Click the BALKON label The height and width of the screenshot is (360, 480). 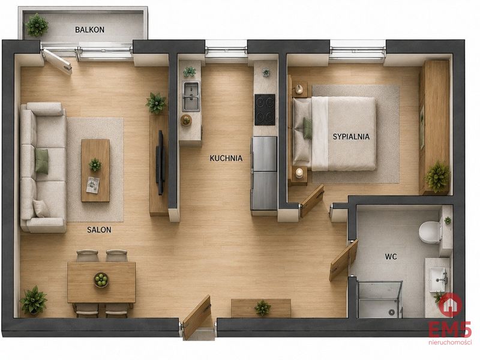[x=89, y=29]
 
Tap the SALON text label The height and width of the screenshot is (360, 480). [x=99, y=230]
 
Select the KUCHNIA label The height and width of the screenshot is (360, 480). [x=226, y=158]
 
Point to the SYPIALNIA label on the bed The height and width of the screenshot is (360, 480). [x=351, y=137]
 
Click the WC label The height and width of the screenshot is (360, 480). [x=391, y=257]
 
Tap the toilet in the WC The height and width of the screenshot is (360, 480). [x=430, y=232]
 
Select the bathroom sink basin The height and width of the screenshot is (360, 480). [x=438, y=280]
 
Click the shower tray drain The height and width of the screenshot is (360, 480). [x=391, y=312]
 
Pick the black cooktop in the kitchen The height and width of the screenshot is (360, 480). [x=265, y=110]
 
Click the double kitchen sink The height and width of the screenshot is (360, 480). [x=191, y=96]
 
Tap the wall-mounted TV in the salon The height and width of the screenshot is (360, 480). [x=160, y=163]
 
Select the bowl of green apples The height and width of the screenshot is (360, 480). [x=101, y=280]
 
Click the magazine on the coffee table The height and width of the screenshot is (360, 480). [x=93, y=185]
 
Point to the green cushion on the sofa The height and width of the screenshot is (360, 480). [x=41, y=161]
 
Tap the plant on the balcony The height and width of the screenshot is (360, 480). [x=37, y=25]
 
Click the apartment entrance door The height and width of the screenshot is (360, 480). [x=197, y=317]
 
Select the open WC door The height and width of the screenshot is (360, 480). [x=344, y=260]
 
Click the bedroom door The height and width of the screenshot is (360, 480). [x=312, y=201]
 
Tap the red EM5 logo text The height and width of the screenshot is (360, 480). [x=449, y=331]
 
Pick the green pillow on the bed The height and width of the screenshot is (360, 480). [x=307, y=128]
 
